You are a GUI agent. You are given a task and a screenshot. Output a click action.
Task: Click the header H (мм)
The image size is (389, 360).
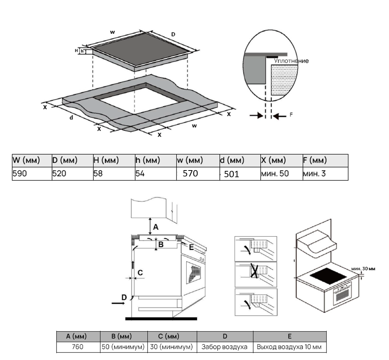pos(106,161)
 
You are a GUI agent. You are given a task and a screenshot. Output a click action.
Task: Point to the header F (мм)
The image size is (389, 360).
pos(314,161)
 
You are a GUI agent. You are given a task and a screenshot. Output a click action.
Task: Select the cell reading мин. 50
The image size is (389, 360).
pos(275,173)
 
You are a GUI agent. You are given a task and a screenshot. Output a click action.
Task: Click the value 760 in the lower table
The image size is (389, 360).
pos(78,347)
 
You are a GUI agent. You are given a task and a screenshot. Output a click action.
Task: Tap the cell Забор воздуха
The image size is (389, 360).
pos(224,347)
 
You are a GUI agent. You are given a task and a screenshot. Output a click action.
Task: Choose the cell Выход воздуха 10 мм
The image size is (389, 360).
pos(289,347)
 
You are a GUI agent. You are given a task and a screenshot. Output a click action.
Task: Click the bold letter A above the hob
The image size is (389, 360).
pos(156,227)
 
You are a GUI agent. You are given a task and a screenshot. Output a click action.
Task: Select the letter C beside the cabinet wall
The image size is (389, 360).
pos(140,273)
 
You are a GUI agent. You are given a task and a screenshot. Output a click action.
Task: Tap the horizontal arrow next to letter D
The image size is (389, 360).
pos(119,303)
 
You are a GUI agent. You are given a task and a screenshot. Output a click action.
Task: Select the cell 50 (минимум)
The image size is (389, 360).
pos(124,347)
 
